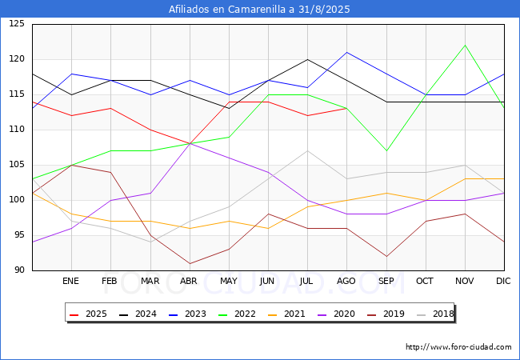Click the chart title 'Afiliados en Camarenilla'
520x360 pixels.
[259, 10]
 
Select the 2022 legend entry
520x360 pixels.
[237, 314]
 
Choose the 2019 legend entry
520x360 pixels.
[386, 314]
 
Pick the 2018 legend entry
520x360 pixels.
[435, 314]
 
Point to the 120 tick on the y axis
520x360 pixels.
[17, 59]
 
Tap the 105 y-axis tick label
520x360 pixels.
[17, 165]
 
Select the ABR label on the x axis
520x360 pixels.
[189, 282]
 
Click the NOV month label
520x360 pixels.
[464, 282]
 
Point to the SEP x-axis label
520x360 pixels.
[386, 282]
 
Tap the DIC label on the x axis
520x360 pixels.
[503, 282]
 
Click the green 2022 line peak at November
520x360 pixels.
[464, 45]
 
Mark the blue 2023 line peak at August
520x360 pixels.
[346, 52]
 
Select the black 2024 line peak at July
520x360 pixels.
[307, 59]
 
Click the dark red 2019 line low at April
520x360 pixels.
[190, 263]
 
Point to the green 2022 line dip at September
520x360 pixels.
[386, 150]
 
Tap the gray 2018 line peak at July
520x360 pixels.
[307, 150]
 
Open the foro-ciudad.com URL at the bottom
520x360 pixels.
[458, 347]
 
